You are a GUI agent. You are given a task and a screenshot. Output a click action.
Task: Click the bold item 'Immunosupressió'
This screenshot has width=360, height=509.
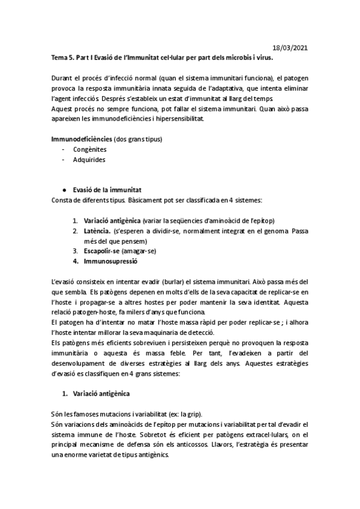tap(112, 262)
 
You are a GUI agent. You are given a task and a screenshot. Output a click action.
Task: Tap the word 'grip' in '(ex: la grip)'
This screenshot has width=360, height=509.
tap(194, 414)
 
